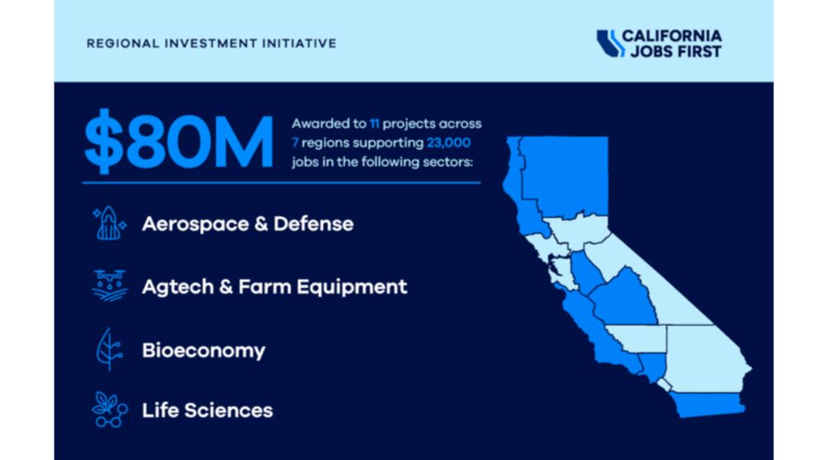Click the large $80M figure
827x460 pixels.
pos(179,141)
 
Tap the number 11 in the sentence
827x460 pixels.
pos(374,123)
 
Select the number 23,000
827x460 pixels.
pos(448,142)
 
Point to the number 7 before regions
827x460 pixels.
pos(295,142)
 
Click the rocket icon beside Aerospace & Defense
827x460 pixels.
pos(109,223)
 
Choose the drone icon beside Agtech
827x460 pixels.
pos(110,286)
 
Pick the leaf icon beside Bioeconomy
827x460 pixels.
pos(109,349)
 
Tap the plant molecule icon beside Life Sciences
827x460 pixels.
pos(110,410)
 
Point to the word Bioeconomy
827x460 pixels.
pos(203,351)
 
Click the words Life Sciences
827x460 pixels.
pos(208,410)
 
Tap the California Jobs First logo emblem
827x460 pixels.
pos(609,43)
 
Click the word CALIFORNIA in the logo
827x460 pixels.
pos(672,36)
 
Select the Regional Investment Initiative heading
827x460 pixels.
pos(212,43)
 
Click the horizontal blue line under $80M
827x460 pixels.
pos(282,183)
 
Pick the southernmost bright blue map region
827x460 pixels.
pos(707,404)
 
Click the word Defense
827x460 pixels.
pos(313,224)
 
